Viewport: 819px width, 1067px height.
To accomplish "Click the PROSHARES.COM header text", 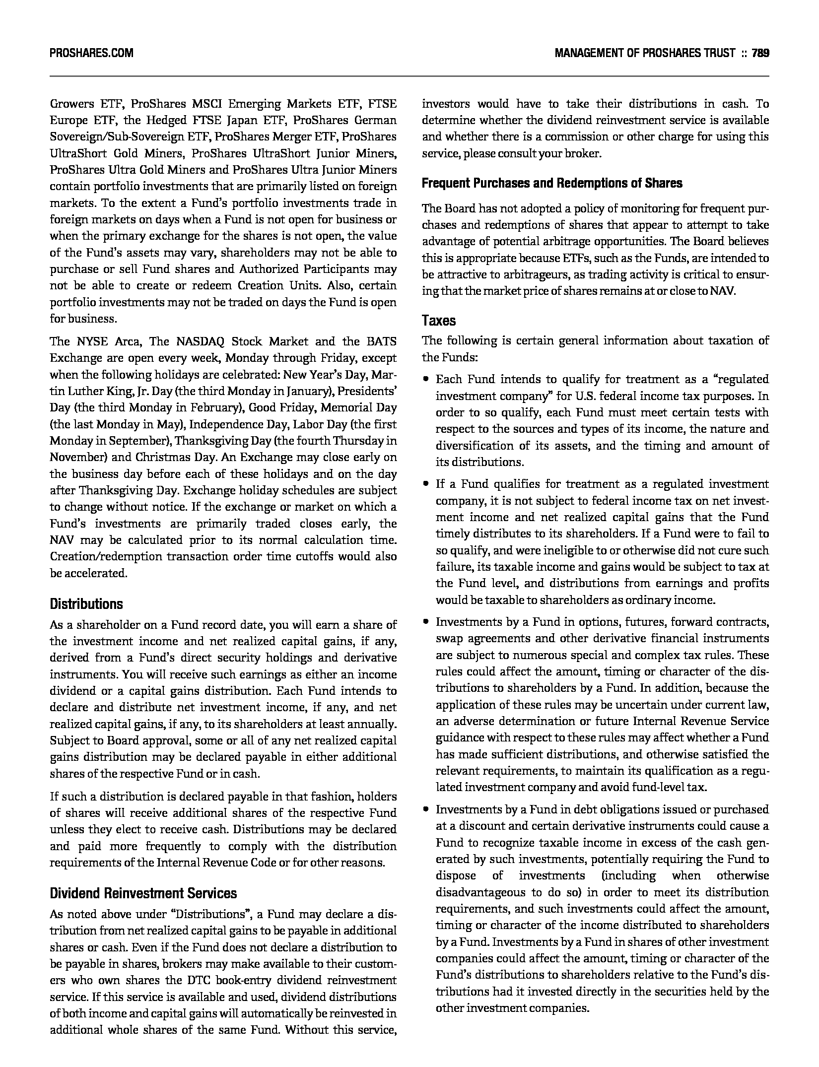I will coord(91,53).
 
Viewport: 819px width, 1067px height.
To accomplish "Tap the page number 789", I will coord(760,53).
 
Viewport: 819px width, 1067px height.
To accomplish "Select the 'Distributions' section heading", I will coord(86,604).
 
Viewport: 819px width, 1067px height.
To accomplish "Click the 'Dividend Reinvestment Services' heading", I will coord(143,893).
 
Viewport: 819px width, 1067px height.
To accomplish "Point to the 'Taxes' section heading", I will coord(439,321).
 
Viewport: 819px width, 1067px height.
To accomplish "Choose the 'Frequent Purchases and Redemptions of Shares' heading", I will coord(552,183).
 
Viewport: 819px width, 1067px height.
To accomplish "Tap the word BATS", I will coord(382,341).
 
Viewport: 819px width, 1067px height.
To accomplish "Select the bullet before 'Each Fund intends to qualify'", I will coord(426,379).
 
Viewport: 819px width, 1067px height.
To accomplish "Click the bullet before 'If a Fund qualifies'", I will coord(426,484).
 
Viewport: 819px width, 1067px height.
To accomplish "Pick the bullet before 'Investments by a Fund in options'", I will coord(426,622).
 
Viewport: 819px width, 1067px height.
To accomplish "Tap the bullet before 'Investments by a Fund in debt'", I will coord(426,809).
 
